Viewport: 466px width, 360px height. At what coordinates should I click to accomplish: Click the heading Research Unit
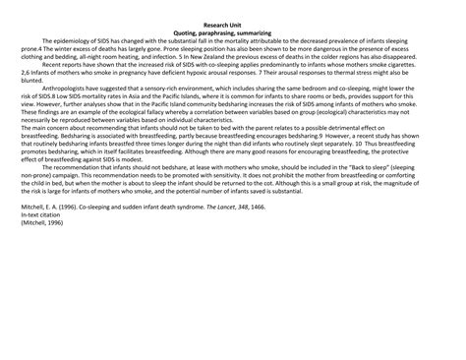(x=232, y=23)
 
